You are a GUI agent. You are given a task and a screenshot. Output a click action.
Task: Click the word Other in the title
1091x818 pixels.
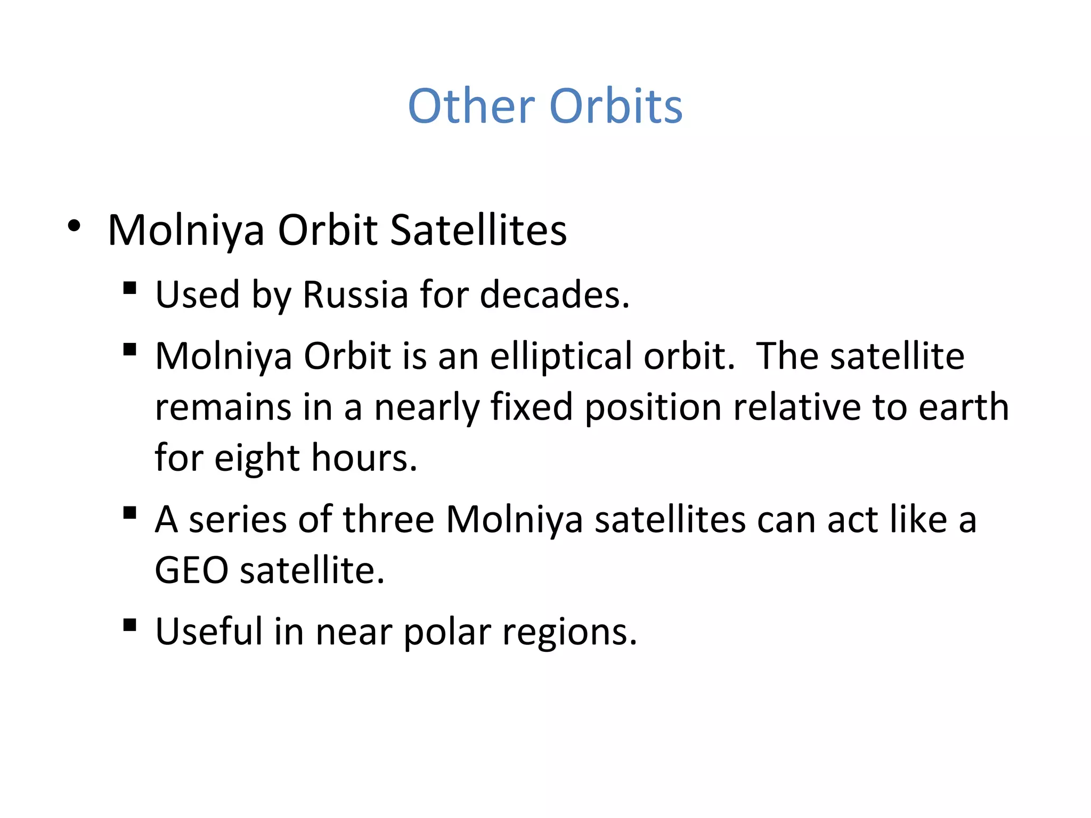point(471,106)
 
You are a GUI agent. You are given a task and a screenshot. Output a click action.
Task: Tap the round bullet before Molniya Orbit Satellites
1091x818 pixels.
point(74,226)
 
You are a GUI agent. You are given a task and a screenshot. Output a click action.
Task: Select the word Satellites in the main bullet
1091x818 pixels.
point(478,230)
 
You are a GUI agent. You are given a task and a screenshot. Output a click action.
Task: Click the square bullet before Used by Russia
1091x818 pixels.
point(129,288)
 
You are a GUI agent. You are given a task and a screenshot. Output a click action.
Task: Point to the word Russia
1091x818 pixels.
point(355,294)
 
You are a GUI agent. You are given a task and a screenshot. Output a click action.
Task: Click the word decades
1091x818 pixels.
point(554,294)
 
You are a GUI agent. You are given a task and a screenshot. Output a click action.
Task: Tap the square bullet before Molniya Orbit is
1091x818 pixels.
point(129,349)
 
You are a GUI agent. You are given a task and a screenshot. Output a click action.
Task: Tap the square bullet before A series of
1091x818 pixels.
point(129,513)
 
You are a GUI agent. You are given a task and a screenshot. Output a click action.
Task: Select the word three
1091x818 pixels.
point(388,519)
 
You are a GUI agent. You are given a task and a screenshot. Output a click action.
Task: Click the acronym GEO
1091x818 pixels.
point(192,570)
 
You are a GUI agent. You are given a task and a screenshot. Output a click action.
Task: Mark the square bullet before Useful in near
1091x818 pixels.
point(129,625)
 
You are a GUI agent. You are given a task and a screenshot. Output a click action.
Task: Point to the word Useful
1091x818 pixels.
point(209,631)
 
